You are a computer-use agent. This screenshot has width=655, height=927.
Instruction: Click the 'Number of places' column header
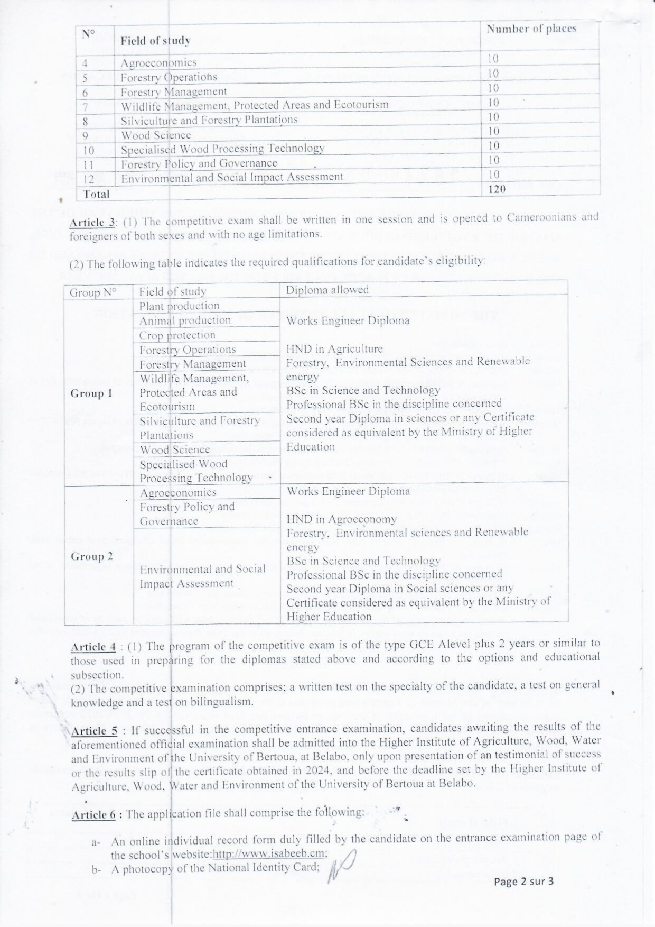click(531, 29)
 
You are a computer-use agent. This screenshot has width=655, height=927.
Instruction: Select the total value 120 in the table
click(497, 189)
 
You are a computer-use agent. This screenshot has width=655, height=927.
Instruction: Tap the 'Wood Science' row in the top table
click(156, 135)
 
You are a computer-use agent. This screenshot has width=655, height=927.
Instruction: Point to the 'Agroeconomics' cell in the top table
click(158, 63)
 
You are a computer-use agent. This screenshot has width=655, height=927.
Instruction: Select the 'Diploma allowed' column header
click(327, 290)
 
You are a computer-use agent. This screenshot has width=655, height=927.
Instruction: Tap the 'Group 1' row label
click(91, 393)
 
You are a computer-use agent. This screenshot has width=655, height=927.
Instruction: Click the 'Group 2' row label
click(91, 556)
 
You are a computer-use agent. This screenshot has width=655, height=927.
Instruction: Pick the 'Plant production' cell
click(179, 306)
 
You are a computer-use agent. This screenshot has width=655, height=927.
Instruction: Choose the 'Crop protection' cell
click(177, 335)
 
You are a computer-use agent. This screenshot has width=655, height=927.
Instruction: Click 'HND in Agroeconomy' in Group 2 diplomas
click(341, 519)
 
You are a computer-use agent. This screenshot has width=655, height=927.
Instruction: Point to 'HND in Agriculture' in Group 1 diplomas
click(334, 349)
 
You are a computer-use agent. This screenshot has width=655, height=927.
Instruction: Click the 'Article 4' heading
click(93, 647)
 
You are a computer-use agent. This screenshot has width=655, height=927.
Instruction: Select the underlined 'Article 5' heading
click(94, 731)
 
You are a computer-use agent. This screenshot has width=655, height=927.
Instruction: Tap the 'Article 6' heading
click(93, 814)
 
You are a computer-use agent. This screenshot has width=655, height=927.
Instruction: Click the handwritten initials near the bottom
click(342, 866)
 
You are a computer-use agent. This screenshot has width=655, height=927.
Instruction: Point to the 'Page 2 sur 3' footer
click(523, 881)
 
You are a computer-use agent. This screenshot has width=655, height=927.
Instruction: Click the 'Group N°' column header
click(92, 292)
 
